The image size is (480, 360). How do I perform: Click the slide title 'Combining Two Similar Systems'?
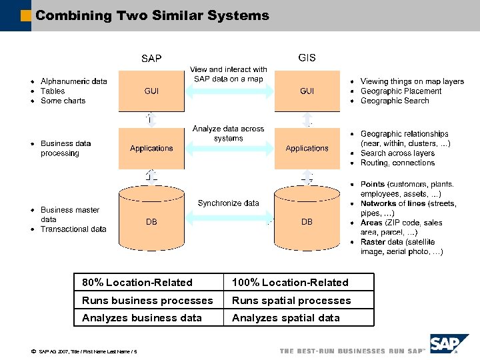(x=152, y=15)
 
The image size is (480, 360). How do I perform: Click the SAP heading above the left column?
(x=151, y=59)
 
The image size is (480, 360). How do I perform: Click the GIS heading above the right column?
(x=307, y=57)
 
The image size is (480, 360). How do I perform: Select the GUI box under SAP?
(x=151, y=91)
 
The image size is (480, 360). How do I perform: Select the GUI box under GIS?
(x=307, y=91)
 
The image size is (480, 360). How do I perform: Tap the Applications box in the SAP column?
(x=151, y=149)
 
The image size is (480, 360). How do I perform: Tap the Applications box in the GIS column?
(x=307, y=149)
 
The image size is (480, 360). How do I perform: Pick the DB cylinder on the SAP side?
(x=151, y=220)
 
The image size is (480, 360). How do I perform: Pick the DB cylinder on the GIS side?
(x=307, y=220)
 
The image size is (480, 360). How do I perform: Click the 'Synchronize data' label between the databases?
(x=229, y=203)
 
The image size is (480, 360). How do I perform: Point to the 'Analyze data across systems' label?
(x=229, y=133)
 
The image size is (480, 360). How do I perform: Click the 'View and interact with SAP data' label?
(x=229, y=74)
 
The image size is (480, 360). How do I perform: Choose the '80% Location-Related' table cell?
(x=137, y=283)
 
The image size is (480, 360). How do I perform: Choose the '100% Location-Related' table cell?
(x=290, y=283)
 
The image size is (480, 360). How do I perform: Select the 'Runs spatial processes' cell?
(x=291, y=301)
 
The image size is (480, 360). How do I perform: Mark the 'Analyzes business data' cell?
(x=141, y=318)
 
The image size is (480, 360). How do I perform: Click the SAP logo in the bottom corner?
(x=449, y=345)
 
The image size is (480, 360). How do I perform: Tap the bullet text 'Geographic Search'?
(x=395, y=101)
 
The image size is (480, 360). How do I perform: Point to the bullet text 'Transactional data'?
(x=73, y=229)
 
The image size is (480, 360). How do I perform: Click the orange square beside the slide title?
(x=26, y=15)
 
